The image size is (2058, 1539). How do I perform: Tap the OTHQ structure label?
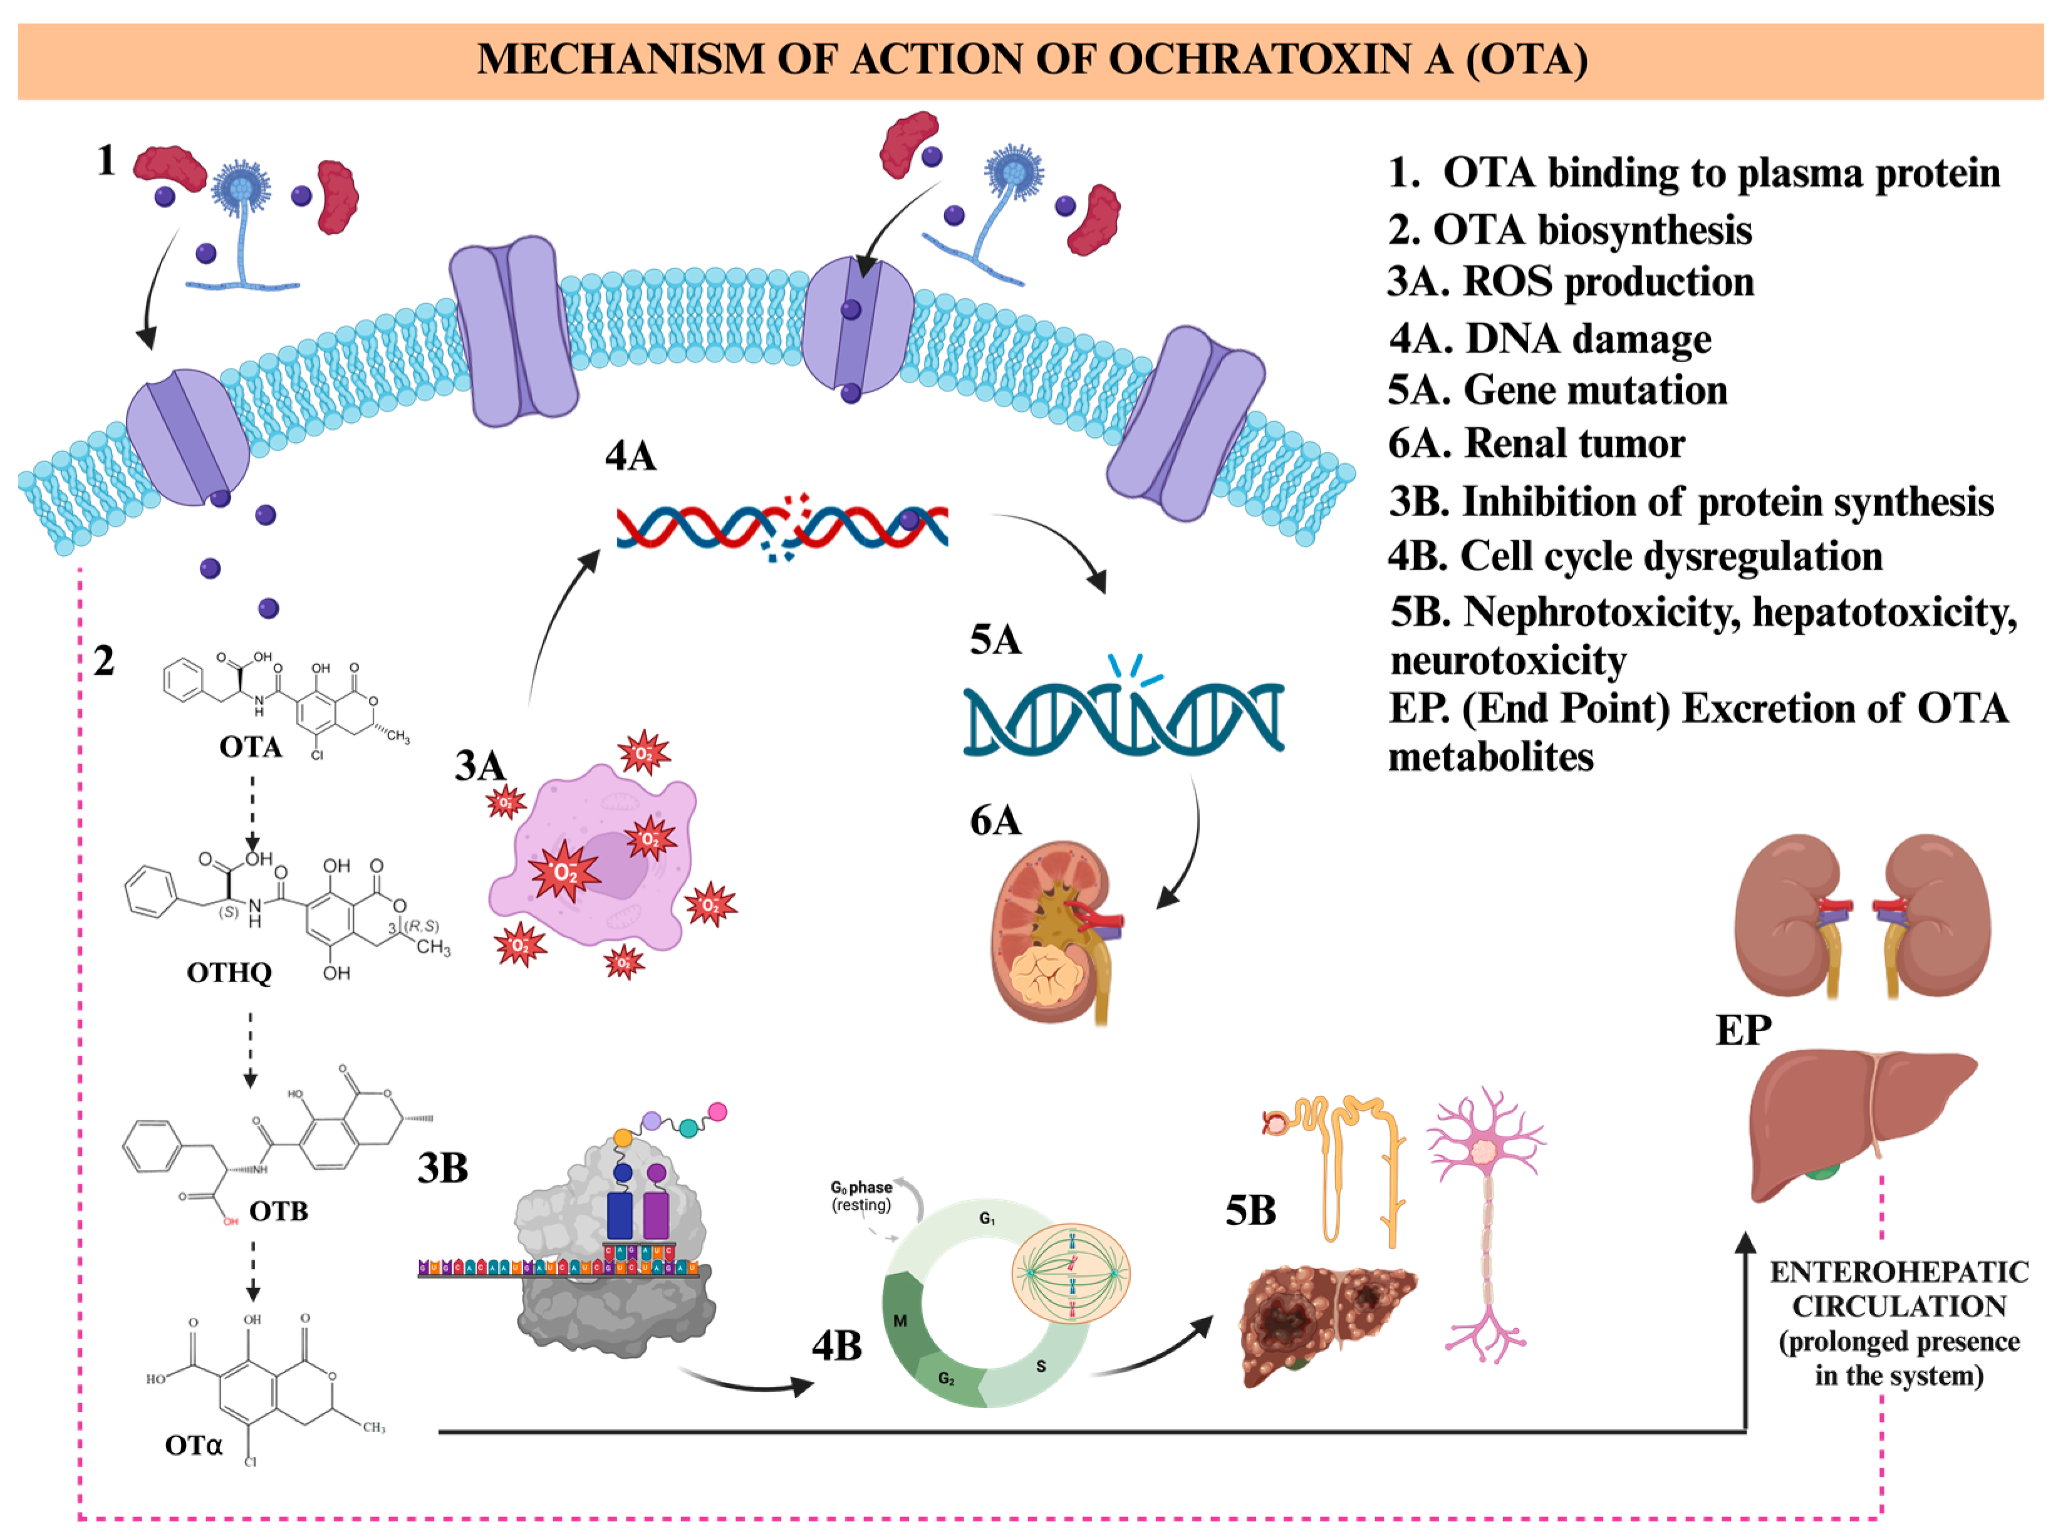[x=229, y=973]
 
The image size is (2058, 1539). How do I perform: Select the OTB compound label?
[x=278, y=1211]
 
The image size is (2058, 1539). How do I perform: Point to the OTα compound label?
[x=194, y=1445]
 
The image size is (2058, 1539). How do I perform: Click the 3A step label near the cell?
[x=479, y=766]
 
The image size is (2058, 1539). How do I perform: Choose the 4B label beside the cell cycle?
[x=836, y=1345]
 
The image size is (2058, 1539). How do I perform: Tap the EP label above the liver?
[x=1743, y=1030]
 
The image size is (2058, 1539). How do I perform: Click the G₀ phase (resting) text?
[x=861, y=1196]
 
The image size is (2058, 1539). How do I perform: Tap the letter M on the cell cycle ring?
[x=900, y=1320]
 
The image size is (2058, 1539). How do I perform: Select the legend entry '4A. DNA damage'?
[x=1549, y=339]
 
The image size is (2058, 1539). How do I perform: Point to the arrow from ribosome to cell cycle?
[x=744, y=1382]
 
